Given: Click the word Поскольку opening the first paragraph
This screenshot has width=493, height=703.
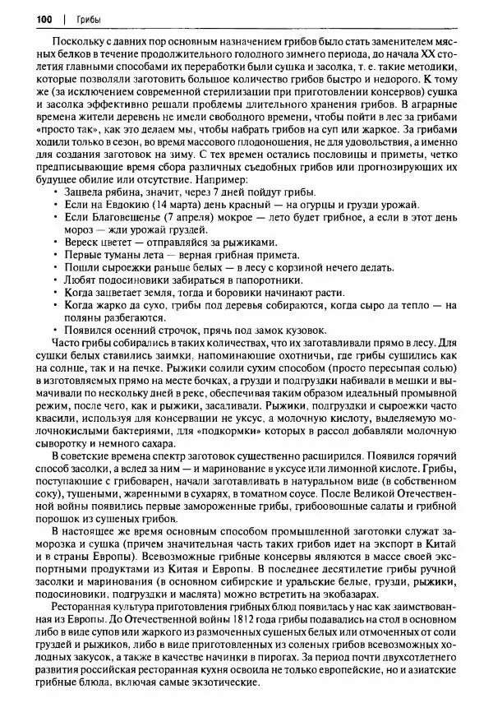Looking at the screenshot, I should click(x=77, y=40).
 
